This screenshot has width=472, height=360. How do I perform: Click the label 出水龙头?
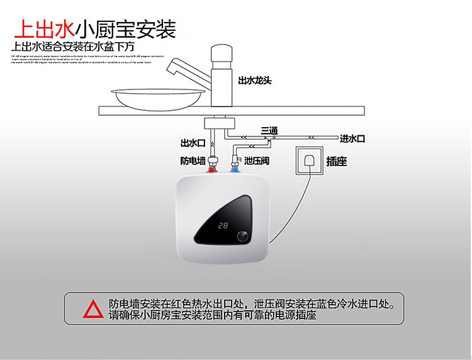tap(254, 81)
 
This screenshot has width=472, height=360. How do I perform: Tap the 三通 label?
tap(269, 130)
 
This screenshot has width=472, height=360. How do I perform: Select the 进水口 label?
tap(352, 138)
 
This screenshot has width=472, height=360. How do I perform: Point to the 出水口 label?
tap(193, 142)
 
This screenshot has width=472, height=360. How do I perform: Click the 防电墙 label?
tap(193, 161)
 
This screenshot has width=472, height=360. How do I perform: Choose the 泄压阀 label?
tap(257, 162)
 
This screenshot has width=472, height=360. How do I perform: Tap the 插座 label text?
tap(337, 162)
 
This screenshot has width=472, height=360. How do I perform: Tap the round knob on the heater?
tap(242, 237)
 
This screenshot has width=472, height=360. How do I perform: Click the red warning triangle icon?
tap(94, 308)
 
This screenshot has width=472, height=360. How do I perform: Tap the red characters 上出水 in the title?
tap(43, 28)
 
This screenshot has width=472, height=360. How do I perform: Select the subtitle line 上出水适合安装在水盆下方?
tap(73, 47)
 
